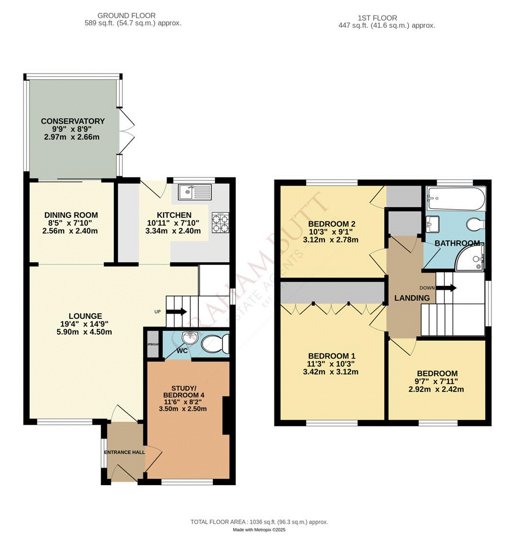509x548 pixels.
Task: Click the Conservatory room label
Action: [72, 121]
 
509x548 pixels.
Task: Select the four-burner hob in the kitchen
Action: [220, 222]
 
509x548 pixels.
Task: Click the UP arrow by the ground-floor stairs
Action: [176, 311]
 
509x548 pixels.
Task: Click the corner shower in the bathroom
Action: [470, 258]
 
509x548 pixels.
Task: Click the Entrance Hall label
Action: [124, 452]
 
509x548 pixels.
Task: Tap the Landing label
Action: [412, 298]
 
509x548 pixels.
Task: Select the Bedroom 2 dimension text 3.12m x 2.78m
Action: [331, 240]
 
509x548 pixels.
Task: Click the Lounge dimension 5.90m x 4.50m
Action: [85, 332]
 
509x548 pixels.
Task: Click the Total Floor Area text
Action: [259, 522]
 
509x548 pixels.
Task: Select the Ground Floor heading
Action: [126, 16]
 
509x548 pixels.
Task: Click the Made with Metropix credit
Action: [259, 530]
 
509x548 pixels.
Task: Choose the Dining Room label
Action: [71, 215]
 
